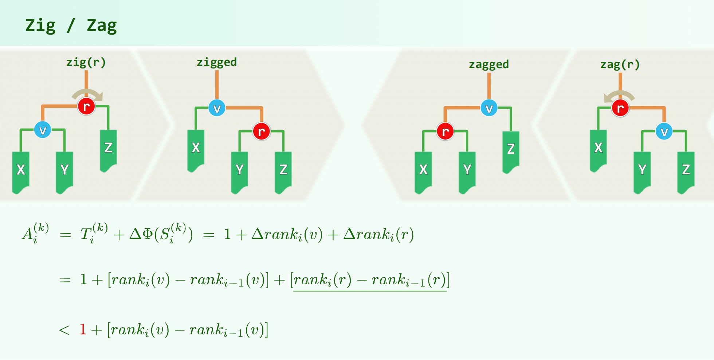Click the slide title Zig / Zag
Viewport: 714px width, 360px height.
click(71, 26)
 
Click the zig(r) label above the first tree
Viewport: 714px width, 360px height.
click(86, 62)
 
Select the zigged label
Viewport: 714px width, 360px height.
click(217, 62)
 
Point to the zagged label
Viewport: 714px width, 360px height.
click(489, 64)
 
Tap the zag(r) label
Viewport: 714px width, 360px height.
click(620, 64)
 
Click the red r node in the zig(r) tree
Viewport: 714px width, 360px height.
click(86, 106)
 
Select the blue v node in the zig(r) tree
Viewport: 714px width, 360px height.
click(43, 130)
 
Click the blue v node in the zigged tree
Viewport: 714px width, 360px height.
click(217, 108)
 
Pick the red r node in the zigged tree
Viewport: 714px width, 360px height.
click(261, 131)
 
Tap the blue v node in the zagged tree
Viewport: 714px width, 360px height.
click(489, 108)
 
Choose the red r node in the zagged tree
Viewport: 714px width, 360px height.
click(445, 131)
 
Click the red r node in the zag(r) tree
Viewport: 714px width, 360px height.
click(620, 108)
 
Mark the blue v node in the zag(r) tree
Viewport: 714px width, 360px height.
click(664, 131)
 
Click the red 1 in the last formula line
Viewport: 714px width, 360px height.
click(83, 329)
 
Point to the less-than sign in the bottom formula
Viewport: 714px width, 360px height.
click(64, 330)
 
